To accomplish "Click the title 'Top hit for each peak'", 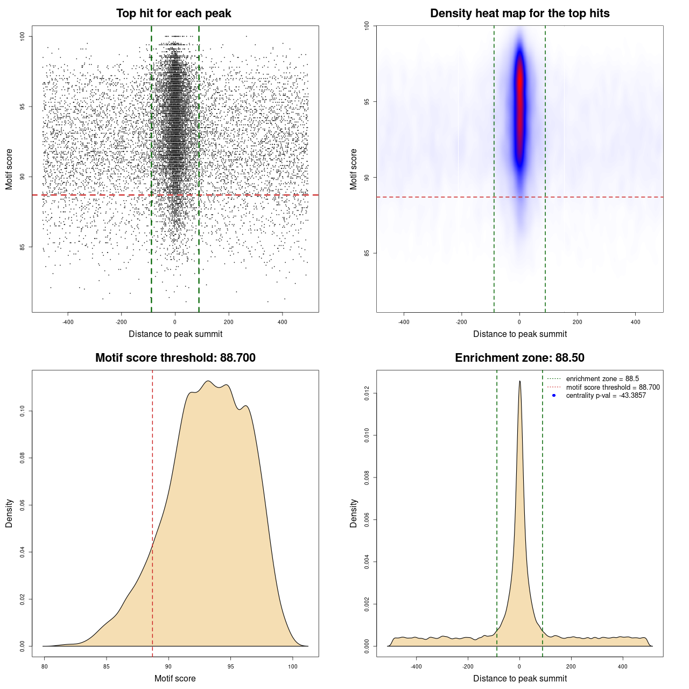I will [173, 13].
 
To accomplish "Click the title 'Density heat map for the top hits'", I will [519, 13].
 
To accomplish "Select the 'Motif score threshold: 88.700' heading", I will [175, 358].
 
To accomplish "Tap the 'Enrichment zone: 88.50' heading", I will [519, 358].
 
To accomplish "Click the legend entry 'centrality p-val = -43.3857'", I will [606, 396].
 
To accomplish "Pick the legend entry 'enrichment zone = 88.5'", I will [602, 379].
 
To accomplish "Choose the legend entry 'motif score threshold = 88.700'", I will [613, 388].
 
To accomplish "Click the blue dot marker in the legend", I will [554, 396].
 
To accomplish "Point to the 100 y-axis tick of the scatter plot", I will [22, 36].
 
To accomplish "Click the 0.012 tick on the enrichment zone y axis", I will [367, 393].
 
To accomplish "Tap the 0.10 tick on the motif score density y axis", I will [22, 411].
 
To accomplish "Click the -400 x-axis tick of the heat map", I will [404, 322].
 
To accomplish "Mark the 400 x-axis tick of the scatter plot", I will [282, 322].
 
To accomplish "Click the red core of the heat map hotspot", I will [519, 102].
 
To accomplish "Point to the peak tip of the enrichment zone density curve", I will [519, 382].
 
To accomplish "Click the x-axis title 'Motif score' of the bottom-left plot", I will [175, 678].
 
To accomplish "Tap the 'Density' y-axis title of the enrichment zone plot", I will [354, 513].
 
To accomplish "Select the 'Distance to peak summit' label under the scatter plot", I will [175, 334].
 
